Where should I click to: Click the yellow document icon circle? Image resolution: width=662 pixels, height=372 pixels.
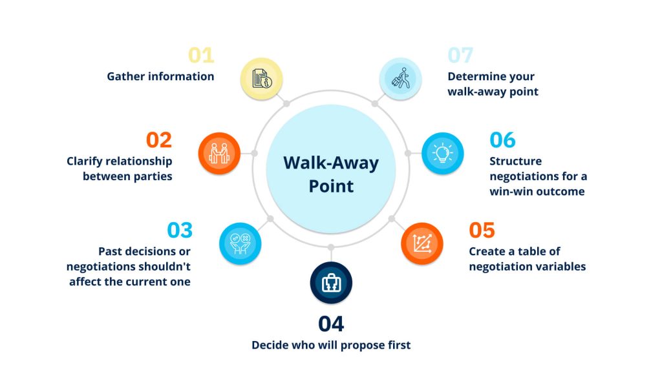point(261,79)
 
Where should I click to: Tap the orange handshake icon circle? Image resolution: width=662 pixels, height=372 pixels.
point(219,154)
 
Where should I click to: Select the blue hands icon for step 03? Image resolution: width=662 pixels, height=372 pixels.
point(240,243)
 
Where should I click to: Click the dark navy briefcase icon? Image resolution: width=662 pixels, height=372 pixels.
point(331,283)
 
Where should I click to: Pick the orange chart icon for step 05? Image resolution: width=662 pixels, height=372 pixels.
point(422,243)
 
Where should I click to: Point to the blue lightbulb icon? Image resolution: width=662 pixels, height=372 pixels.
point(442,154)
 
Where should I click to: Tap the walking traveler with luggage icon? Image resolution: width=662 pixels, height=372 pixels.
point(400,79)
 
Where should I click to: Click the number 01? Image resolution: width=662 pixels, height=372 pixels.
point(201,56)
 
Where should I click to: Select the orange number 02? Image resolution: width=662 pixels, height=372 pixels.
point(159,140)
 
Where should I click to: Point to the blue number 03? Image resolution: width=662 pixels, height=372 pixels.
point(180,231)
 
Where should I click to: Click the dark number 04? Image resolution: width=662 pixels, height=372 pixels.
point(331,324)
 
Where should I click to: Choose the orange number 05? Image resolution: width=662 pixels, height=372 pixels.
point(482,231)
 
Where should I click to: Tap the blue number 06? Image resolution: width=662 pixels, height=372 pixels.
point(502,140)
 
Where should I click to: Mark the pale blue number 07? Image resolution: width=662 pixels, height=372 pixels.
point(460,56)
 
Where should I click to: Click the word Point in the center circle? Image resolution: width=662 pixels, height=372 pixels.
point(331,186)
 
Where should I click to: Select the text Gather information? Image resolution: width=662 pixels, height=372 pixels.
point(160,76)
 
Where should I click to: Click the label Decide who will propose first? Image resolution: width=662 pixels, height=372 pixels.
point(331,345)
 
